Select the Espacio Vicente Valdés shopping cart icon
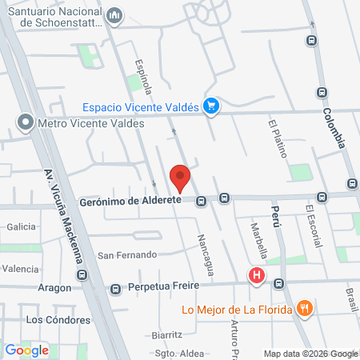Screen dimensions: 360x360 211,105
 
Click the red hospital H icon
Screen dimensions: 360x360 256,277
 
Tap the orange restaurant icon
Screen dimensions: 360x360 303,308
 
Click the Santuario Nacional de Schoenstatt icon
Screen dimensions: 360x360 114,15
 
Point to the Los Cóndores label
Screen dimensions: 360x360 58,319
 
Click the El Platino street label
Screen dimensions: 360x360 277,138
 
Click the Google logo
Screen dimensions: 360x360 26,350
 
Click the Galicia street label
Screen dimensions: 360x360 22,226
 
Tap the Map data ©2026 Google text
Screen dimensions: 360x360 311,354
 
